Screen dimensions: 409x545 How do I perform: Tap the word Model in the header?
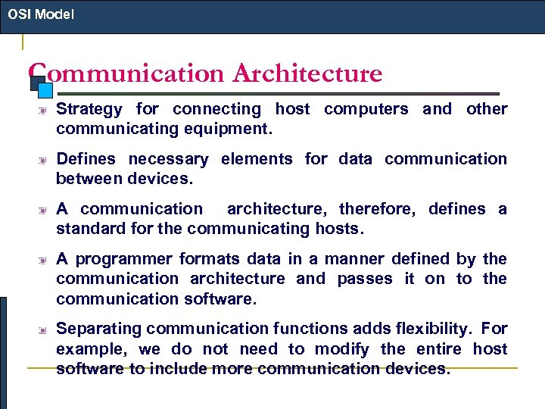click(x=53, y=14)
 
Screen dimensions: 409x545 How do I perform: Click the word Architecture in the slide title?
click(x=307, y=74)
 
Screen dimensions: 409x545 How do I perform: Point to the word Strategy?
click(x=89, y=109)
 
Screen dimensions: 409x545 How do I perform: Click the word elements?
click(x=257, y=159)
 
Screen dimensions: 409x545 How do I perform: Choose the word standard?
click(x=90, y=229)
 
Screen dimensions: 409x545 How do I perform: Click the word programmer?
click(x=126, y=259)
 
